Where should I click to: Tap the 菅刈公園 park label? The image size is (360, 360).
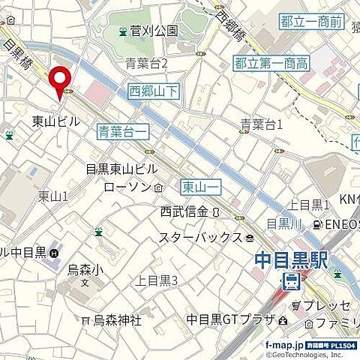point(154,31)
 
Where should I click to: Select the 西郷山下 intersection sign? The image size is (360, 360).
point(153,92)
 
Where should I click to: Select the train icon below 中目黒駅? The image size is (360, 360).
point(290,282)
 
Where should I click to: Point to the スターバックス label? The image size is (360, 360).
point(199,238)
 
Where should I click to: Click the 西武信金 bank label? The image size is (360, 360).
point(183,212)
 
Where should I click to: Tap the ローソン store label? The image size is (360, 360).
point(128,187)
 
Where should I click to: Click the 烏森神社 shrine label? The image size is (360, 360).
point(116,320)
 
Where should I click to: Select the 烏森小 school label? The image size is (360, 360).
point(83,268)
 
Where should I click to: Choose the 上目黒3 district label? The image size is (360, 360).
point(156,281)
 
